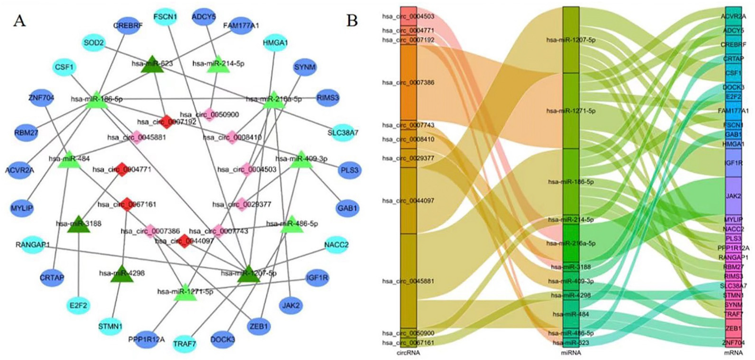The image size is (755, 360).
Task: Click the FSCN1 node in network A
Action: tap(165, 17)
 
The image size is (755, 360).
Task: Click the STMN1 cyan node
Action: tap(110, 326)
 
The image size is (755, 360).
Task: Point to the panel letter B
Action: tap(352, 21)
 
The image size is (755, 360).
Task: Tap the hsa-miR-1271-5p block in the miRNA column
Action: tap(571, 111)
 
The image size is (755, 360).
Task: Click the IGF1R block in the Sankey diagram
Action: tap(733, 163)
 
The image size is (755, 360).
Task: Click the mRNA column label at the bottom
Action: tap(733, 353)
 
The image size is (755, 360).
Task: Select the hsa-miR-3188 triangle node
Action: tap(79, 225)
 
